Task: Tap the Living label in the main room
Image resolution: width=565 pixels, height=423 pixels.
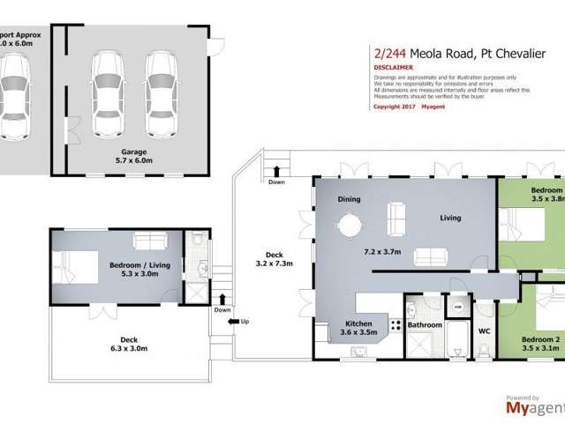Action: (455, 219)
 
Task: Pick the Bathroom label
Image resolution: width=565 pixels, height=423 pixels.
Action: (425, 325)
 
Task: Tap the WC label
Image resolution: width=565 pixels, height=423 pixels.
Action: (484, 331)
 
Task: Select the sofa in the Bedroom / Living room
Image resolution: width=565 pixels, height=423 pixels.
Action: (148, 241)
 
